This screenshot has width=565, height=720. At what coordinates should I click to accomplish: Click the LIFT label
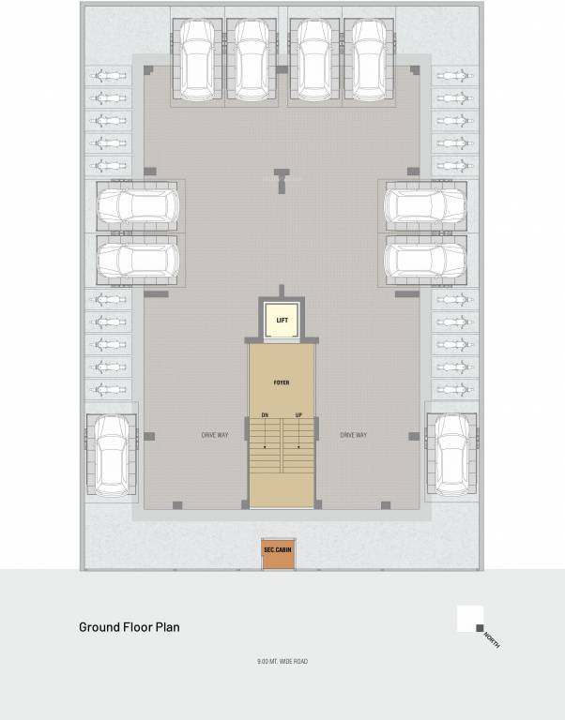pos(282,321)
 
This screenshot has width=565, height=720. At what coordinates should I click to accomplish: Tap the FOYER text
pos(282,382)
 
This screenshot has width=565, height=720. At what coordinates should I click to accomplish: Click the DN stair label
pos(265,415)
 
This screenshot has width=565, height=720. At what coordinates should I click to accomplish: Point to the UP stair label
pos(299,415)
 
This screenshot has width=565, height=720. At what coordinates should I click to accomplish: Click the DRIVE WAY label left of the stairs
pos(216,435)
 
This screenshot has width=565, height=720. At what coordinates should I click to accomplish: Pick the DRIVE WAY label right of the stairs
pos(353,435)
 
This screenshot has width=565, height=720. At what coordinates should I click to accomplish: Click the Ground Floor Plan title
pos(129,627)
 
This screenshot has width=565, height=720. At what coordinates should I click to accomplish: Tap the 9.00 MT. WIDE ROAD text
pos(282,662)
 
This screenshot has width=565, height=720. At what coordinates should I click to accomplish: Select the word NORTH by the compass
pos(492,641)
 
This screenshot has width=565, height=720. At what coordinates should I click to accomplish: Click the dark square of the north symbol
pos(481,628)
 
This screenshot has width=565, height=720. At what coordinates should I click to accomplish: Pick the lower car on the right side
pos(425,262)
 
